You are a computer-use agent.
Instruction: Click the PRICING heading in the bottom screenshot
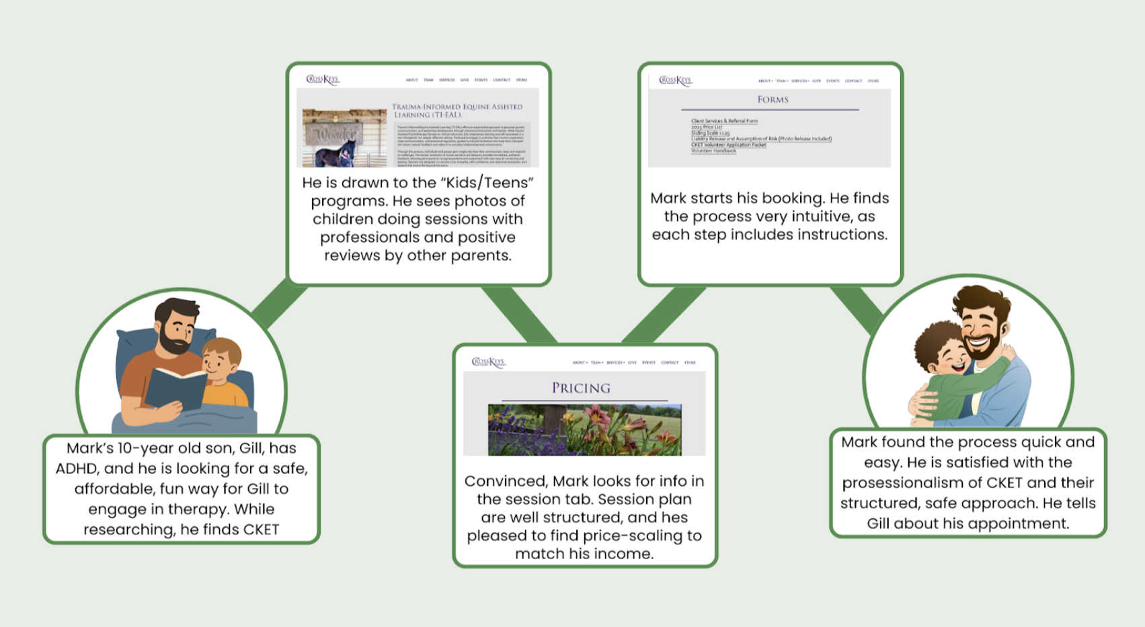pyautogui.click(x=581, y=388)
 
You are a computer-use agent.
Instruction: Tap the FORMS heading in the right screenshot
pyautogui.click(x=773, y=99)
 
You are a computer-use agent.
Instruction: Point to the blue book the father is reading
pyautogui.click(x=176, y=389)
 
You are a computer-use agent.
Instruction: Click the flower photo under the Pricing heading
pyautogui.click(x=584, y=429)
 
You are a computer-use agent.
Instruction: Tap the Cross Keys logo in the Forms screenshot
pyautogui.click(x=674, y=81)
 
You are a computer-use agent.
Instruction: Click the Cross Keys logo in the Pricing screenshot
pyautogui.click(x=488, y=362)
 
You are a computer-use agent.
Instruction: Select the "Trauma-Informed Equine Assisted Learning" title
pyautogui.click(x=457, y=110)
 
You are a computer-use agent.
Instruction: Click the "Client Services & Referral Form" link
pyautogui.click(x=724, y=121)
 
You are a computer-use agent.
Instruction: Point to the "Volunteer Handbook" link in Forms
pyautogui.click(x=713, y=151)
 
